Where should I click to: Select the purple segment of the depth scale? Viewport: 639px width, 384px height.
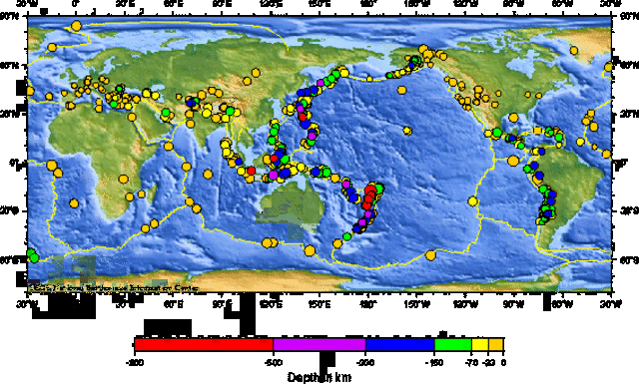point(319,345)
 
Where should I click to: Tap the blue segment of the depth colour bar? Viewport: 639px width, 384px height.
point(399,345)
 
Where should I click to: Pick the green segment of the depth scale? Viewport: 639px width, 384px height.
point(452,345)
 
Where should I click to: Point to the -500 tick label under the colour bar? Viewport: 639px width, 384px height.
point(274,362)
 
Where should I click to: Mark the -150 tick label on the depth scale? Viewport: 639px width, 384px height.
point(435,362)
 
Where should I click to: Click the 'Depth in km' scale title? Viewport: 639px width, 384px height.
point(319,377)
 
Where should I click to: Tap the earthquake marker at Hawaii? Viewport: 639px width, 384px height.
point(406,131)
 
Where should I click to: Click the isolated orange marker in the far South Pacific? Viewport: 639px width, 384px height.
point(431,256)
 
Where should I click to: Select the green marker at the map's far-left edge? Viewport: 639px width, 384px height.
point(32,256)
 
